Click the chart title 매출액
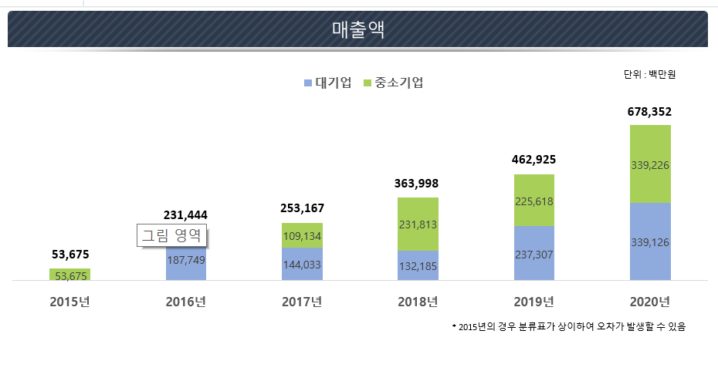click(357, 30)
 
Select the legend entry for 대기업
click(328, 83)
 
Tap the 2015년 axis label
click(69, 301)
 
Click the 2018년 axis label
click(418, 301)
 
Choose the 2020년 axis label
click(649, 301)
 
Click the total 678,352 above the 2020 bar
click(649, 112)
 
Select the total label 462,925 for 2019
click(533, 160)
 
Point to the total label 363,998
click(418, 184)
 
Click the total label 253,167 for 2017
click(302, 208)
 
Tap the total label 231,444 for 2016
click(185, 214)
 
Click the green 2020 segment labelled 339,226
click(649, 164)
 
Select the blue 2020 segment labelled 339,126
click(649, 242)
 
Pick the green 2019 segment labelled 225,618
click(533, 201)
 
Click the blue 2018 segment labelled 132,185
click(418, 266)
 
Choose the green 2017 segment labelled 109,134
click(302, 236)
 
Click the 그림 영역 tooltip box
click(172, 235)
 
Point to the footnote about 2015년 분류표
click(569, 326)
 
